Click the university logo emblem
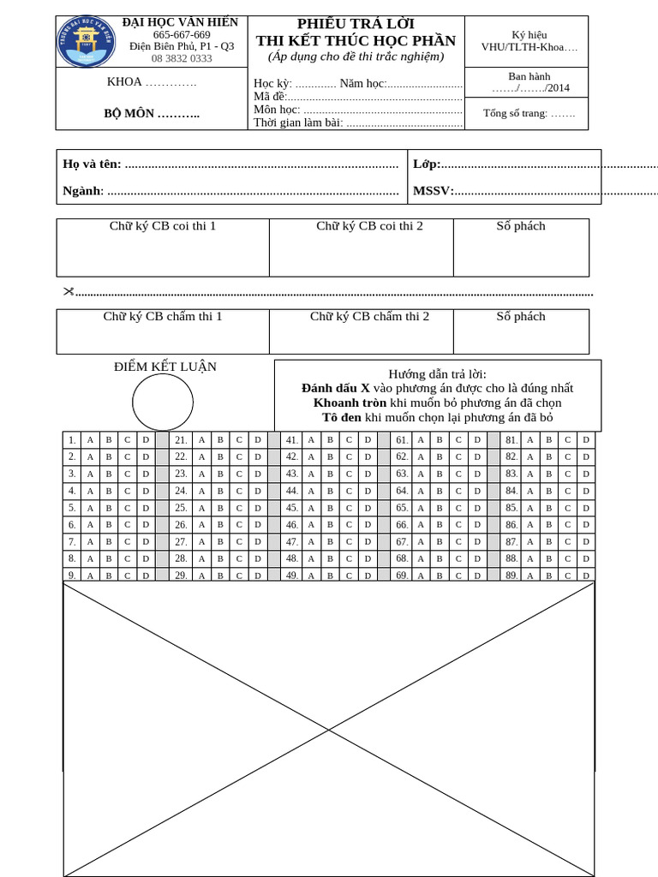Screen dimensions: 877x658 [x=87, y=42]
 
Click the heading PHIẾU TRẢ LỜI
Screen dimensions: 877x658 [x=356, y=24]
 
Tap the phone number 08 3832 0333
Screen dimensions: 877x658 [x=182, y=58]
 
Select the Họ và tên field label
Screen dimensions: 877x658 [x=92, y=164]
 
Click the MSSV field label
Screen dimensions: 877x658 [x=433, y=191]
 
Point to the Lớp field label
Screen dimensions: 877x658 [x=427, y=164]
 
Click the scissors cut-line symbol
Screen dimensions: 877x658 [x=69, y=291]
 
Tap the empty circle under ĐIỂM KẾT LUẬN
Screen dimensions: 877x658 [x=163, y=402]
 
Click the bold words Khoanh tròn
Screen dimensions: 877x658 [x=350, y=403]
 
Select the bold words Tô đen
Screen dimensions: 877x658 [x=342, y=417]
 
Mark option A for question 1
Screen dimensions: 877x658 [x=90, y=440]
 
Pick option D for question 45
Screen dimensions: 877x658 [x=368, y=508]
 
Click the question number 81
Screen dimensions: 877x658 [x=511, y=440]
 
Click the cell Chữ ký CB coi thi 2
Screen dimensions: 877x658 [x=369, y=226]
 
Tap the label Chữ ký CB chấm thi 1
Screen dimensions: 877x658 [x=163, y=317]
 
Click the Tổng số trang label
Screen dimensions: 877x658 [x=529, y=113]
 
